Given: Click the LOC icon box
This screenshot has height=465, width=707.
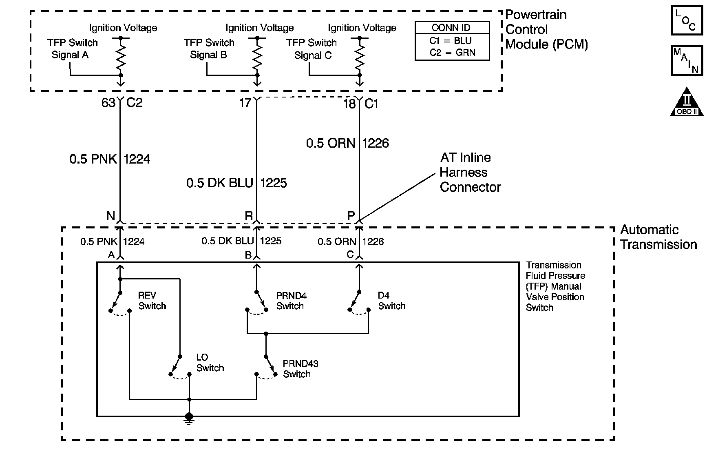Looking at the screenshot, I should click(x=687, y=20).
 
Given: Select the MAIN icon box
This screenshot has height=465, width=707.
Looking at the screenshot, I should click(x=687, y=61).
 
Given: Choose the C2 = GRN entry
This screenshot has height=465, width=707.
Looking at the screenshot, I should click(x=452, y=53).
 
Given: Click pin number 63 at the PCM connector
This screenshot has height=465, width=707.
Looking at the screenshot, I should click(x=108, y=103).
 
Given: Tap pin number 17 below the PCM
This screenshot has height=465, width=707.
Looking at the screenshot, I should click(x=245, y=102).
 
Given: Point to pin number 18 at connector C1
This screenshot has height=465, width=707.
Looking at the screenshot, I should click(x=349, y=104).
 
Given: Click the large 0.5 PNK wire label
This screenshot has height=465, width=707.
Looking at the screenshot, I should click(x=93, y=159).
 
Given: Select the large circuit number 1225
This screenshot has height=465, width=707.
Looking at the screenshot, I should click(x=274, y=183).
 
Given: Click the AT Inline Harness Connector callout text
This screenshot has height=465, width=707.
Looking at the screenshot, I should click(x=470, y=172).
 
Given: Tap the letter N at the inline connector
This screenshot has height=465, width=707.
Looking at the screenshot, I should click(x=110, y=215).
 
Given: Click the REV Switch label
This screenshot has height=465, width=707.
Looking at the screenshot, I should click(x=152, y=301).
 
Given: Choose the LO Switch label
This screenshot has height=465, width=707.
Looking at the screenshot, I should click(x=210, y=363).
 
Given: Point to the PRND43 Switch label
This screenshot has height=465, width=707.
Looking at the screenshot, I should click(x=300, y=369).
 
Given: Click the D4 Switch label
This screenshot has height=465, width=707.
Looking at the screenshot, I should click(x=391, y=301).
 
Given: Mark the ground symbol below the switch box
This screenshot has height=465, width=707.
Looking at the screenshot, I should click(x=189, y=418).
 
